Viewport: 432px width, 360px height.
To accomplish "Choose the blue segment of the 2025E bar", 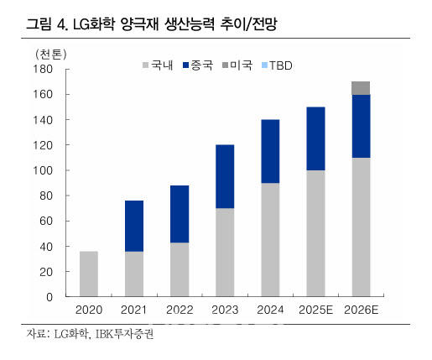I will [315, 138].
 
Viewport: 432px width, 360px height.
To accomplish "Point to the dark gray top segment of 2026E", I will [361, 88].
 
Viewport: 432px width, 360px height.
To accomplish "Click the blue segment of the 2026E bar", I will [361, 126].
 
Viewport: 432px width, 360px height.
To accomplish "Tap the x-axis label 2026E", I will [361, 310].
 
